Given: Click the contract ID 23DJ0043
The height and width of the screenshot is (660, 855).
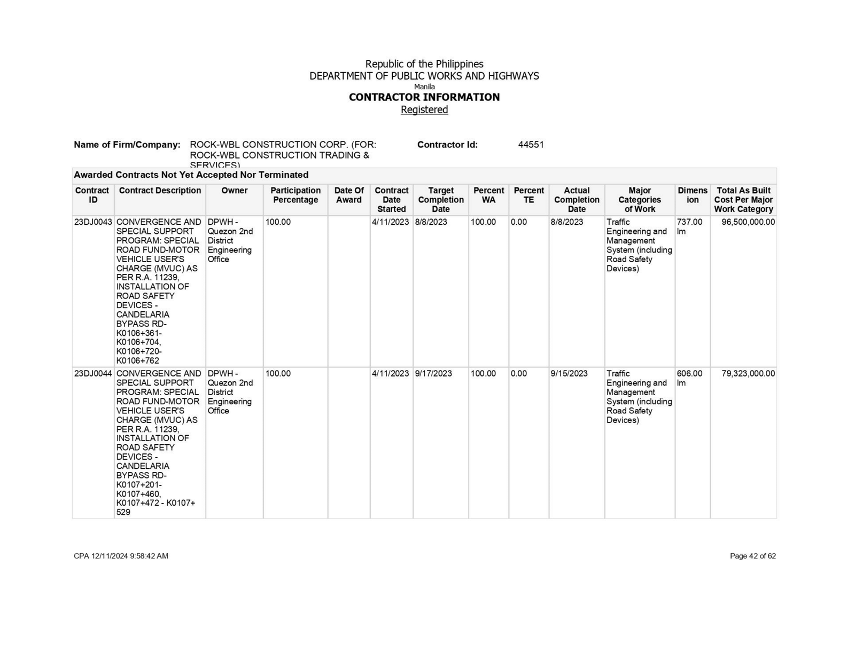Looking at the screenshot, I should (x=93, y=222).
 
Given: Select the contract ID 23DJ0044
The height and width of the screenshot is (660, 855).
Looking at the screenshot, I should (x=93, y=374).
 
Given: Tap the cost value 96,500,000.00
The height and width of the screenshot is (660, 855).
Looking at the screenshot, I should (x=748, y=222).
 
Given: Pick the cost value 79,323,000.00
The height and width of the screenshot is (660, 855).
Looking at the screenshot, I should (x=748, y=374).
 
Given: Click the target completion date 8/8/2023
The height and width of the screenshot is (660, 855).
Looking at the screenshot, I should (x=431, y=222).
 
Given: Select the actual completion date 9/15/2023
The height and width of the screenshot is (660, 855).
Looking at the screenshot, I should (x=569, y=374).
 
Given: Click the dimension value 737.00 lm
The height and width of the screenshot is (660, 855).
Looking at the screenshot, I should (x=689, y=226).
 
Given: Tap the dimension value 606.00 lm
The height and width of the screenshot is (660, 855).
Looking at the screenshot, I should (x=689, y=378).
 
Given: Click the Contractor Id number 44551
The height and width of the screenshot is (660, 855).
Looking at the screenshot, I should (x=531, y=145).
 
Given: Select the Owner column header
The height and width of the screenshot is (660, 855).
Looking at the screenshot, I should (x=234, y=191).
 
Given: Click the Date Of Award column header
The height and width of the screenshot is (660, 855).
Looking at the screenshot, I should (x=349, y=195).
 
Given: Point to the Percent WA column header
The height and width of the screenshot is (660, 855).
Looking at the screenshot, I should (x=488, y=195).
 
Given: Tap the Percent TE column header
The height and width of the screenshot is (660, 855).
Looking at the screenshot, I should (x=528, y=195).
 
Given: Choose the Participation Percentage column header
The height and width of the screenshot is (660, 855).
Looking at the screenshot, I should (x=296, y=195).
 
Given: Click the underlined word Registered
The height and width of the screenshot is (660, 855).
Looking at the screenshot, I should (x=424, y=109).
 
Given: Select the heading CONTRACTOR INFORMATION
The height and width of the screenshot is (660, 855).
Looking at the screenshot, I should (x=424, y=97).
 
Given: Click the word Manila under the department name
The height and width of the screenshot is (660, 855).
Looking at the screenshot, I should (x=424, y=87).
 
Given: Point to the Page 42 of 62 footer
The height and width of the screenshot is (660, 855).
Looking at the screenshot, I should (x=752, y=556).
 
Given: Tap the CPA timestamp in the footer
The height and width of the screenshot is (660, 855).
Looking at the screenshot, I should (x=121, y=556).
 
